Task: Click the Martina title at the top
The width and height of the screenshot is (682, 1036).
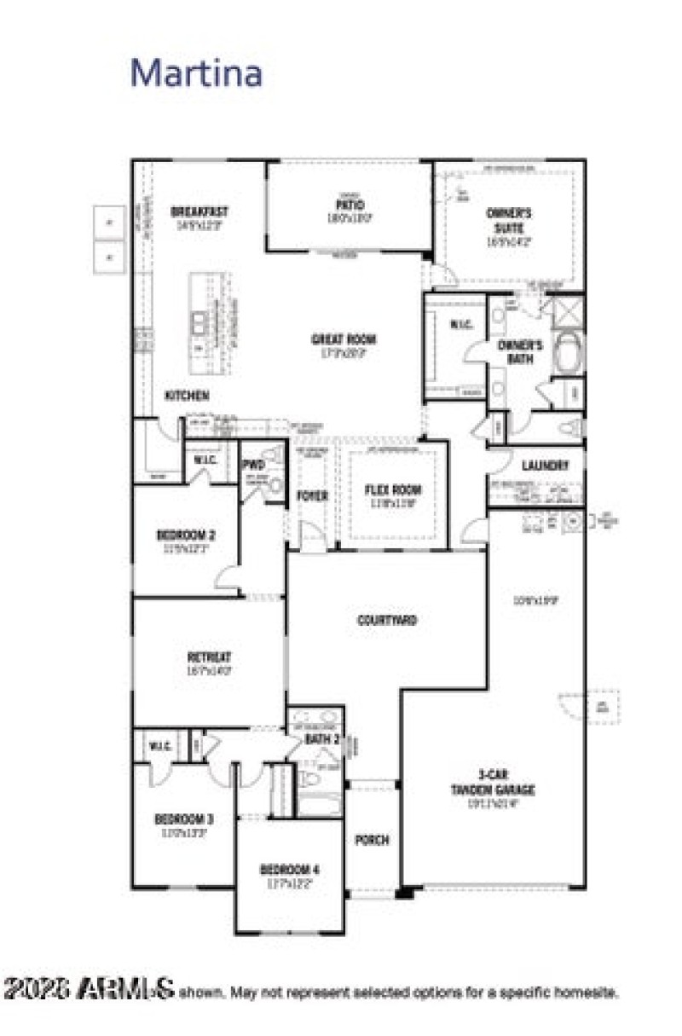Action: (196, 73)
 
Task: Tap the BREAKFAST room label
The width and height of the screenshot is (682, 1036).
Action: (199, 212)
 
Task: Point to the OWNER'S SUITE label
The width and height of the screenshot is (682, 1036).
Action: (509, 221)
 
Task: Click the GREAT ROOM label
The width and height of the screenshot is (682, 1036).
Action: (344, 339)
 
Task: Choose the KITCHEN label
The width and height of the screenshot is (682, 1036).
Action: (187, 396)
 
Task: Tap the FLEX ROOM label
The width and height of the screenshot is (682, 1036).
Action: (393, 490)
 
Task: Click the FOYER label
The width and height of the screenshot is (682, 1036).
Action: (312, 495)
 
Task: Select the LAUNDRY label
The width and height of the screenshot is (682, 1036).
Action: (545, 466)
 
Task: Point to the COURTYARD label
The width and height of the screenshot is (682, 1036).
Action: (386, 620)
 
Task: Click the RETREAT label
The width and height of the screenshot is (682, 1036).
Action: (209, 657)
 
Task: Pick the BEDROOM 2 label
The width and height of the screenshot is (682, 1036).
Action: (185, 535)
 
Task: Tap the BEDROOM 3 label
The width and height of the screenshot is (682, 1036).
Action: (183, 819)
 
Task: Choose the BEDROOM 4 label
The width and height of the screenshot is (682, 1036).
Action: (290, 869)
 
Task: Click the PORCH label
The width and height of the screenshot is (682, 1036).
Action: (372, 840)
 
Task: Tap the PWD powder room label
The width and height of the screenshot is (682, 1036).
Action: (253, 465)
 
